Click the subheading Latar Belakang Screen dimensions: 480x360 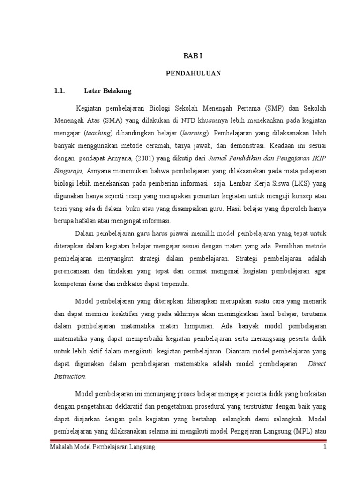108,90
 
